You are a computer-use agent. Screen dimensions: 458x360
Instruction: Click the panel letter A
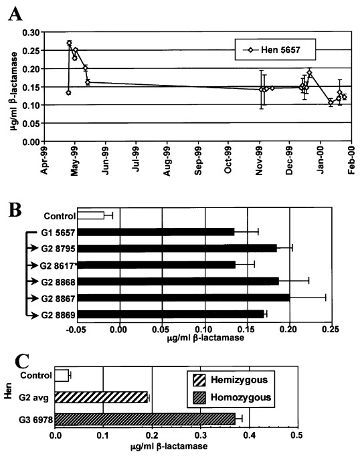[x=13, y=13]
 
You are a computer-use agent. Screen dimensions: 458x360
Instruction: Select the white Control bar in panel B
[x=91, y=215]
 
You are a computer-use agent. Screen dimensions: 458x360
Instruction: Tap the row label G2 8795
[x=56, y=248]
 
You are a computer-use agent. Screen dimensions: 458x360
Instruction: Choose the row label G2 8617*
[x=56, y=265]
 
